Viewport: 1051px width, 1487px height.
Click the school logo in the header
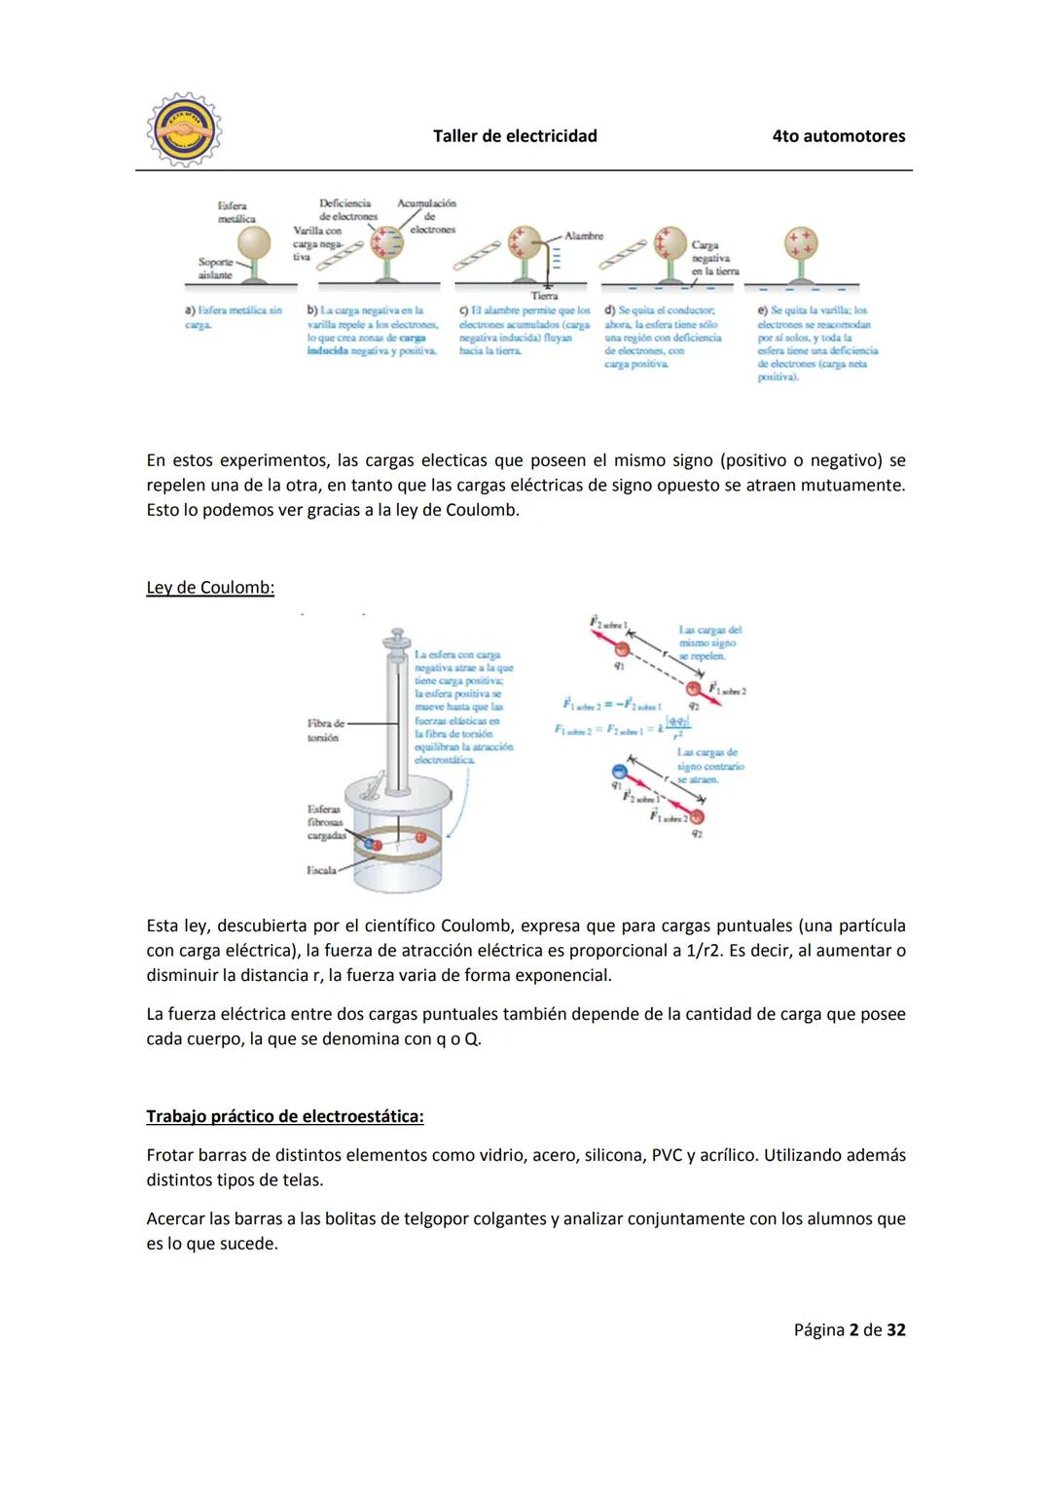point(184,129)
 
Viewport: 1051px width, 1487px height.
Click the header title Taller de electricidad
point(515,136)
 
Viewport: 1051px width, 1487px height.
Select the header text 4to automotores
point(838,136)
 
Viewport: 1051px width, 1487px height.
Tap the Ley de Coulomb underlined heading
point(210,588)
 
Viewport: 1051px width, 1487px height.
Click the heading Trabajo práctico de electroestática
point(285,1116)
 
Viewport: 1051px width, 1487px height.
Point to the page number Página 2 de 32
point(849,1329)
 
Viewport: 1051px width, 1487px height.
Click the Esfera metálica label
point(233,212)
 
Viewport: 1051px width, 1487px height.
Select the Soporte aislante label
point(214,269)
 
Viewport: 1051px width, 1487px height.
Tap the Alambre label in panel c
point(584,236)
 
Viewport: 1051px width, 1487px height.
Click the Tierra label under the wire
point(544,296)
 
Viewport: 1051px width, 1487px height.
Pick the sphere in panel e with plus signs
point(801,243)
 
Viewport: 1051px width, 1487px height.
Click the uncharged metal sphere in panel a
point(254,243)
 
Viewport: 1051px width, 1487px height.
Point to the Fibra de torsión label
point(325,731)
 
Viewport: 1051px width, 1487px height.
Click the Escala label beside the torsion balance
point(321,870)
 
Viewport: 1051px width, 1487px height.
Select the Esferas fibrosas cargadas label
point(325,822)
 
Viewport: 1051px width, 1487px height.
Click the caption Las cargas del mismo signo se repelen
point(709,643)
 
